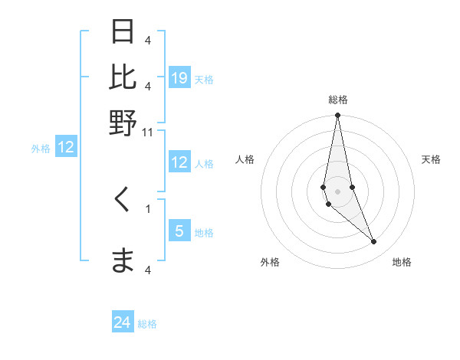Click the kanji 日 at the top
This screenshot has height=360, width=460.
point(123,32)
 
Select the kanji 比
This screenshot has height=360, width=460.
point(123,77)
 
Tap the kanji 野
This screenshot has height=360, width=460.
point(123,123)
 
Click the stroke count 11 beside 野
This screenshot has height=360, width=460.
point(148,133)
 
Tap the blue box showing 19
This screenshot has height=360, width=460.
point(179,78)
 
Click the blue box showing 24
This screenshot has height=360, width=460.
point(123,323)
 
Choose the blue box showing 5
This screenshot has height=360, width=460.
point(179,231)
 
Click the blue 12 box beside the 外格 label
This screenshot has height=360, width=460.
point(66,148)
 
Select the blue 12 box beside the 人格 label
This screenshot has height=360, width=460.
point(179,162)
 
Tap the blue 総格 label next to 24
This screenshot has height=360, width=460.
point(147,324)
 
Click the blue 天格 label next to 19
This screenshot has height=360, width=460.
point(204,79)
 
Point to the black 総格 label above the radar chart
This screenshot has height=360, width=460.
point(338,100)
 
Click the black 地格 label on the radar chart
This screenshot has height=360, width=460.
point(402,262)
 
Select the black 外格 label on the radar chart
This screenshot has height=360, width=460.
point(270,262)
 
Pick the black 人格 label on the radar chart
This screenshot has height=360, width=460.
point(245,159)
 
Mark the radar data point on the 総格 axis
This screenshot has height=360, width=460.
point(337,116)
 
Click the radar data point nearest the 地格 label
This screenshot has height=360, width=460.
point(373,242)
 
